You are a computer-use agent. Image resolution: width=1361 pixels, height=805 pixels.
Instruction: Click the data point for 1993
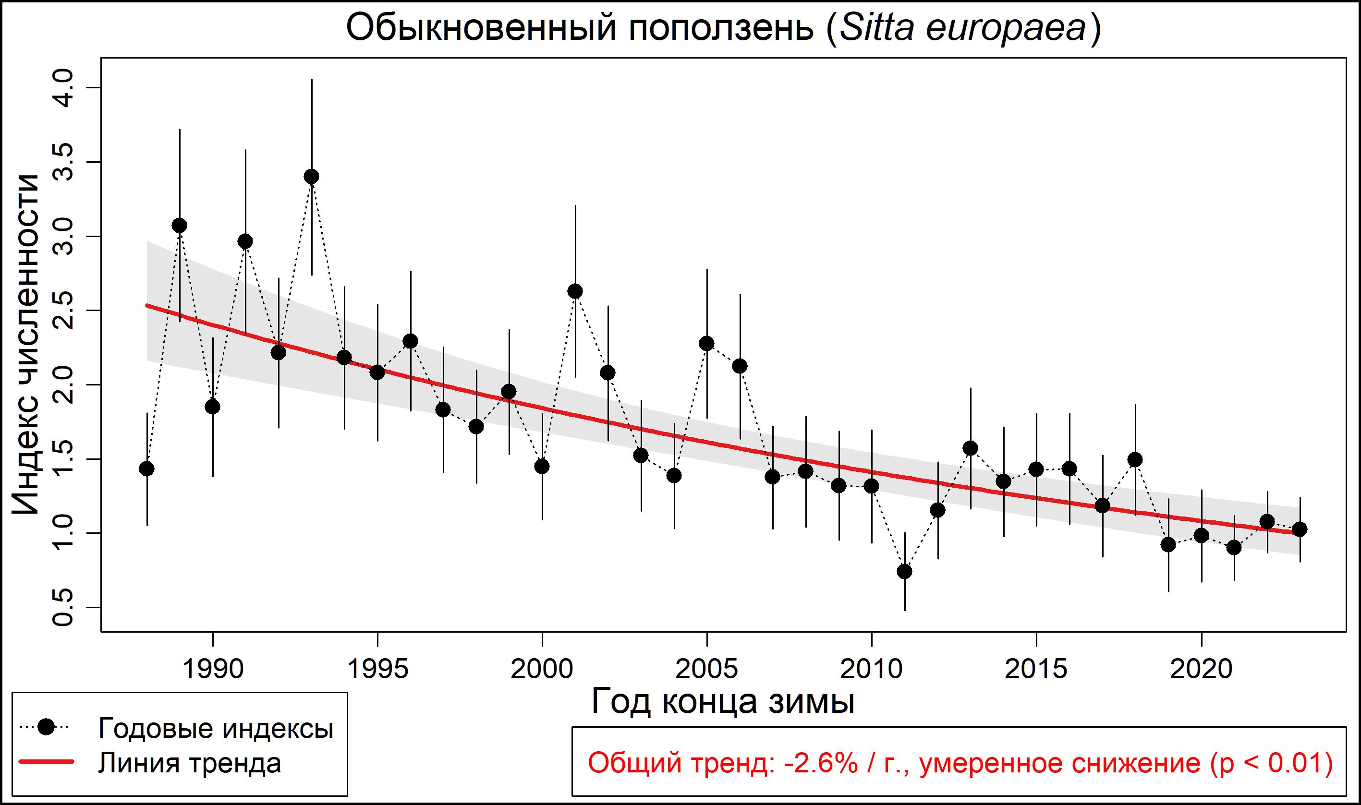pos(312,176)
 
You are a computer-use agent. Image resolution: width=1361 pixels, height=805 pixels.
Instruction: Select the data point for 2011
pos(905,571)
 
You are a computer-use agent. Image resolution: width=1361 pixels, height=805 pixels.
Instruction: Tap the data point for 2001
pos(575,291)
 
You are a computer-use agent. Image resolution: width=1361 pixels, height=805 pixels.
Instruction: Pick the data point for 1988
pos(146,469)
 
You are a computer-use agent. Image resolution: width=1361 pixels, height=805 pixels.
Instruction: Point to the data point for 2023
pos(1300,529)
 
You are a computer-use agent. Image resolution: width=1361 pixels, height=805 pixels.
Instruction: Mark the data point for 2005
pos(707,343)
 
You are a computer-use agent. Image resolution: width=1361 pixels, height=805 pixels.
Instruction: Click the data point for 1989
pos(180,226)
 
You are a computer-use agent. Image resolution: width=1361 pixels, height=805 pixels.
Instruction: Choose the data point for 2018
pos(1135,460)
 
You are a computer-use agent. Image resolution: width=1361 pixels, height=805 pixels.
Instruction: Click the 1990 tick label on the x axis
pos(213,669)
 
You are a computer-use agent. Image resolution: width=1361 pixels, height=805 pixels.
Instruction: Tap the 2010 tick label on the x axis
pos(872,669)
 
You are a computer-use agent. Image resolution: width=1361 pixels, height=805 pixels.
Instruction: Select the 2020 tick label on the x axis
pos(1201,669)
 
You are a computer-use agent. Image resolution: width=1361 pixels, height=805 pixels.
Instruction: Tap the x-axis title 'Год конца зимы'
pos(723,701)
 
